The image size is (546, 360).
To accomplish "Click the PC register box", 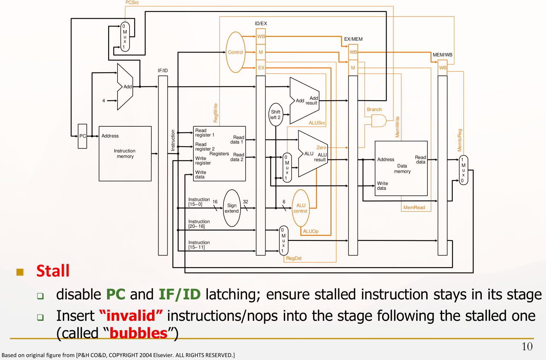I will (x=83, y=136).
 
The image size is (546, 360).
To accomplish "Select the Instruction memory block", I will (x=125, y=154).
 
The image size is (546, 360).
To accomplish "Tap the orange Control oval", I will (x=235, y=52).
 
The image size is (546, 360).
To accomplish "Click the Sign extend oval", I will (x=232, y=208).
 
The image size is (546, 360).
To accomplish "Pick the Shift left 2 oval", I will (x=276, y=115).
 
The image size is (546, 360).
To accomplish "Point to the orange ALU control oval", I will (x=301, y=208).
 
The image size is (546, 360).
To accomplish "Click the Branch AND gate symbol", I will (x=378, y=121).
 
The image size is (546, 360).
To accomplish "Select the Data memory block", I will (x=401, y=168).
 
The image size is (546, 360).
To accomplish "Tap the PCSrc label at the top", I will (x=132, y=3).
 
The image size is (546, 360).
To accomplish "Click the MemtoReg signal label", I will (x=460, y=140).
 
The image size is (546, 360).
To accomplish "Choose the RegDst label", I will (x=294, y=258).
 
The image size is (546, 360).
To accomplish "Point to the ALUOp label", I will (x=311, y=231).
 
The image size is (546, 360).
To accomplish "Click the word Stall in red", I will (x=53, y=271).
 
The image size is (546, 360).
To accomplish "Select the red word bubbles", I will (x=138, y=333).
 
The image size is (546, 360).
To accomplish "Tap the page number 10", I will (x=527, y=347).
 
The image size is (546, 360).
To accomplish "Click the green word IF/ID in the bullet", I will (x=180, y=294).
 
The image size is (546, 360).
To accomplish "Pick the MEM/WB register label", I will (x=443, y=55).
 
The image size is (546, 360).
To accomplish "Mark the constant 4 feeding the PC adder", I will (x=104, y=101).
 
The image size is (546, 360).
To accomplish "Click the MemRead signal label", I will (x=414, y=208).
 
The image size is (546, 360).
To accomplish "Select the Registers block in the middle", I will (x=219, y=154).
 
